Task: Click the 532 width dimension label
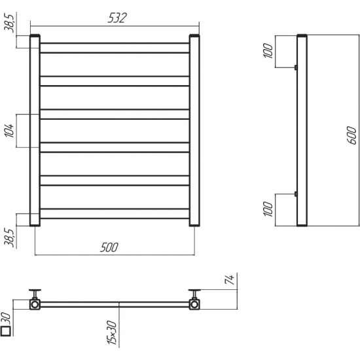[117, 18]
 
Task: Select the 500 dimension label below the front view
[109, 247]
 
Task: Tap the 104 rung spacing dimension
[10, 131]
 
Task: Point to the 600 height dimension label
[351, 135]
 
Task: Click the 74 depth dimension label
[230, 279]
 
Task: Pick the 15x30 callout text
[112, 333]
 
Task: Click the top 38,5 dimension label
[10, 22]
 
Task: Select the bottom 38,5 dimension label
[10, 238]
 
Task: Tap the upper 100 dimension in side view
[268, 50]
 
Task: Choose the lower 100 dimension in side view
[268, 209]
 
